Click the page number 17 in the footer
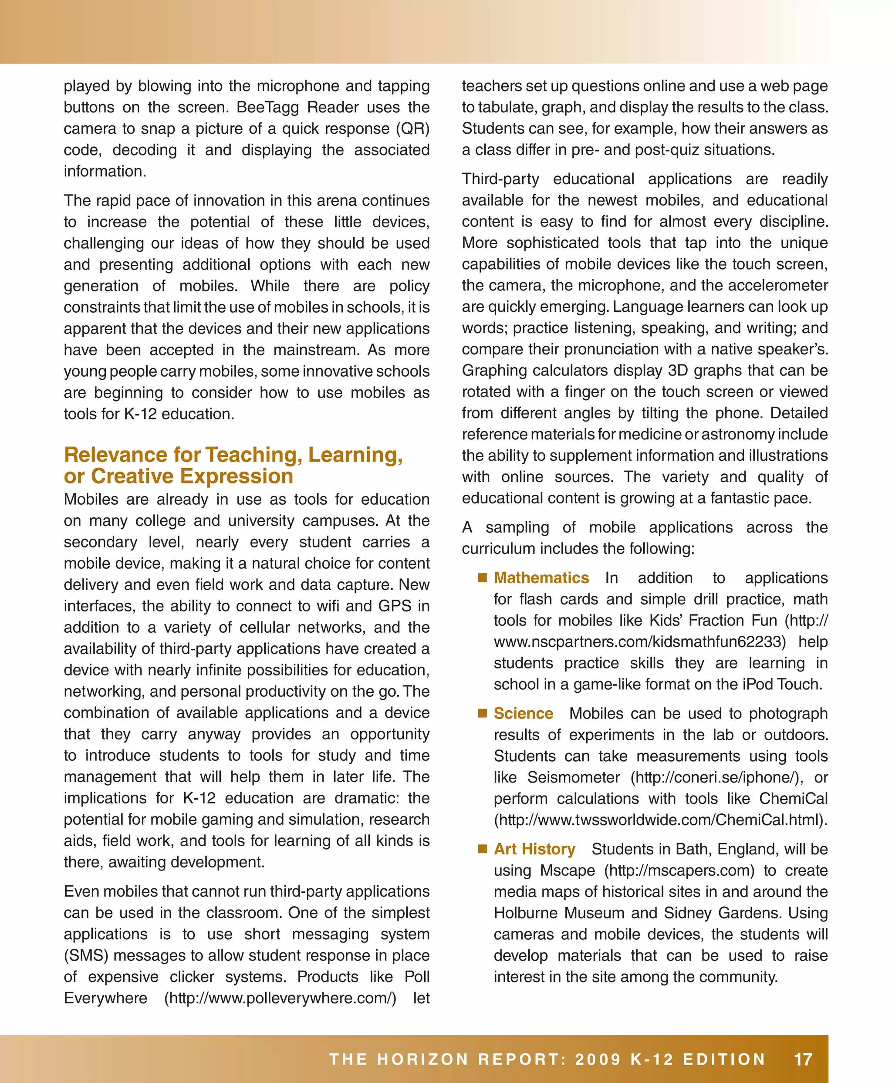point(803,1059)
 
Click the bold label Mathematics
point(541,578)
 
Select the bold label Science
point(523,714)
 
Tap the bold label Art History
point(534,849)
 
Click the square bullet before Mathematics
point(482,577)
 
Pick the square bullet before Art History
point(482,849)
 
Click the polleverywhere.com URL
point(280,998)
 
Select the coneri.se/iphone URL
point(716,777)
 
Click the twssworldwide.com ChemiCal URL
point(661,820)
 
